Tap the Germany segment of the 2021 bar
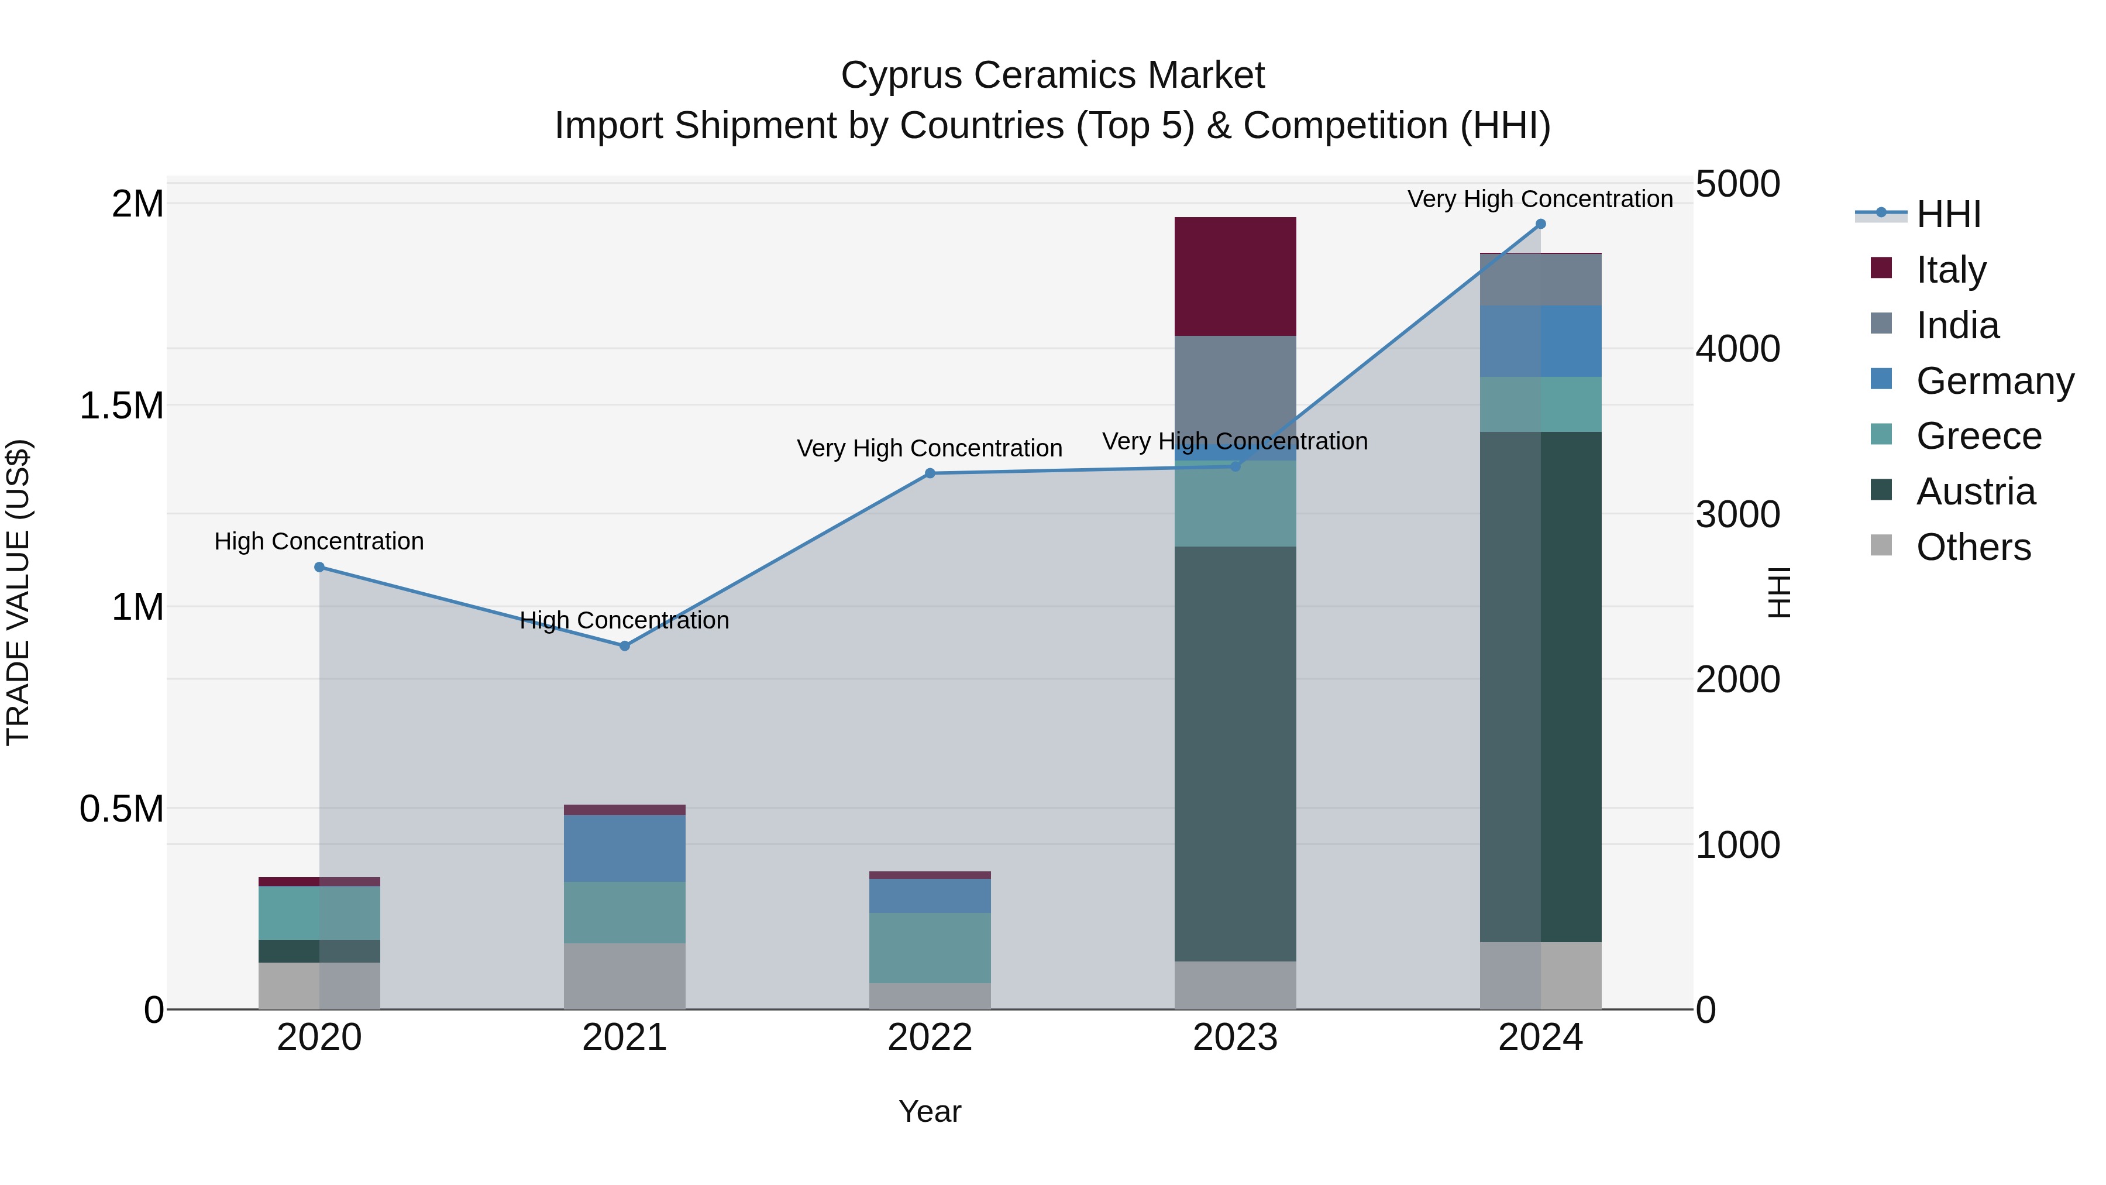(625, 848)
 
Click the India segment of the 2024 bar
(1540, 280)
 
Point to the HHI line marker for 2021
(625, 646)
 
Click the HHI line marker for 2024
(1540, 224)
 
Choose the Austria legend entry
(1974, 492)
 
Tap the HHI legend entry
(1947, 214)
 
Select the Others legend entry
(1972, 547)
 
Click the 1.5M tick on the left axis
(121, 406)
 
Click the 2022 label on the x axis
(930, 1038)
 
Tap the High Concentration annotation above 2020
(319, 541)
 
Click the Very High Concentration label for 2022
(930, 448)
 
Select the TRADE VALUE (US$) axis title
(18, 592)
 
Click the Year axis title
(930, 1111)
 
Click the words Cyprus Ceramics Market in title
(1052, 75)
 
